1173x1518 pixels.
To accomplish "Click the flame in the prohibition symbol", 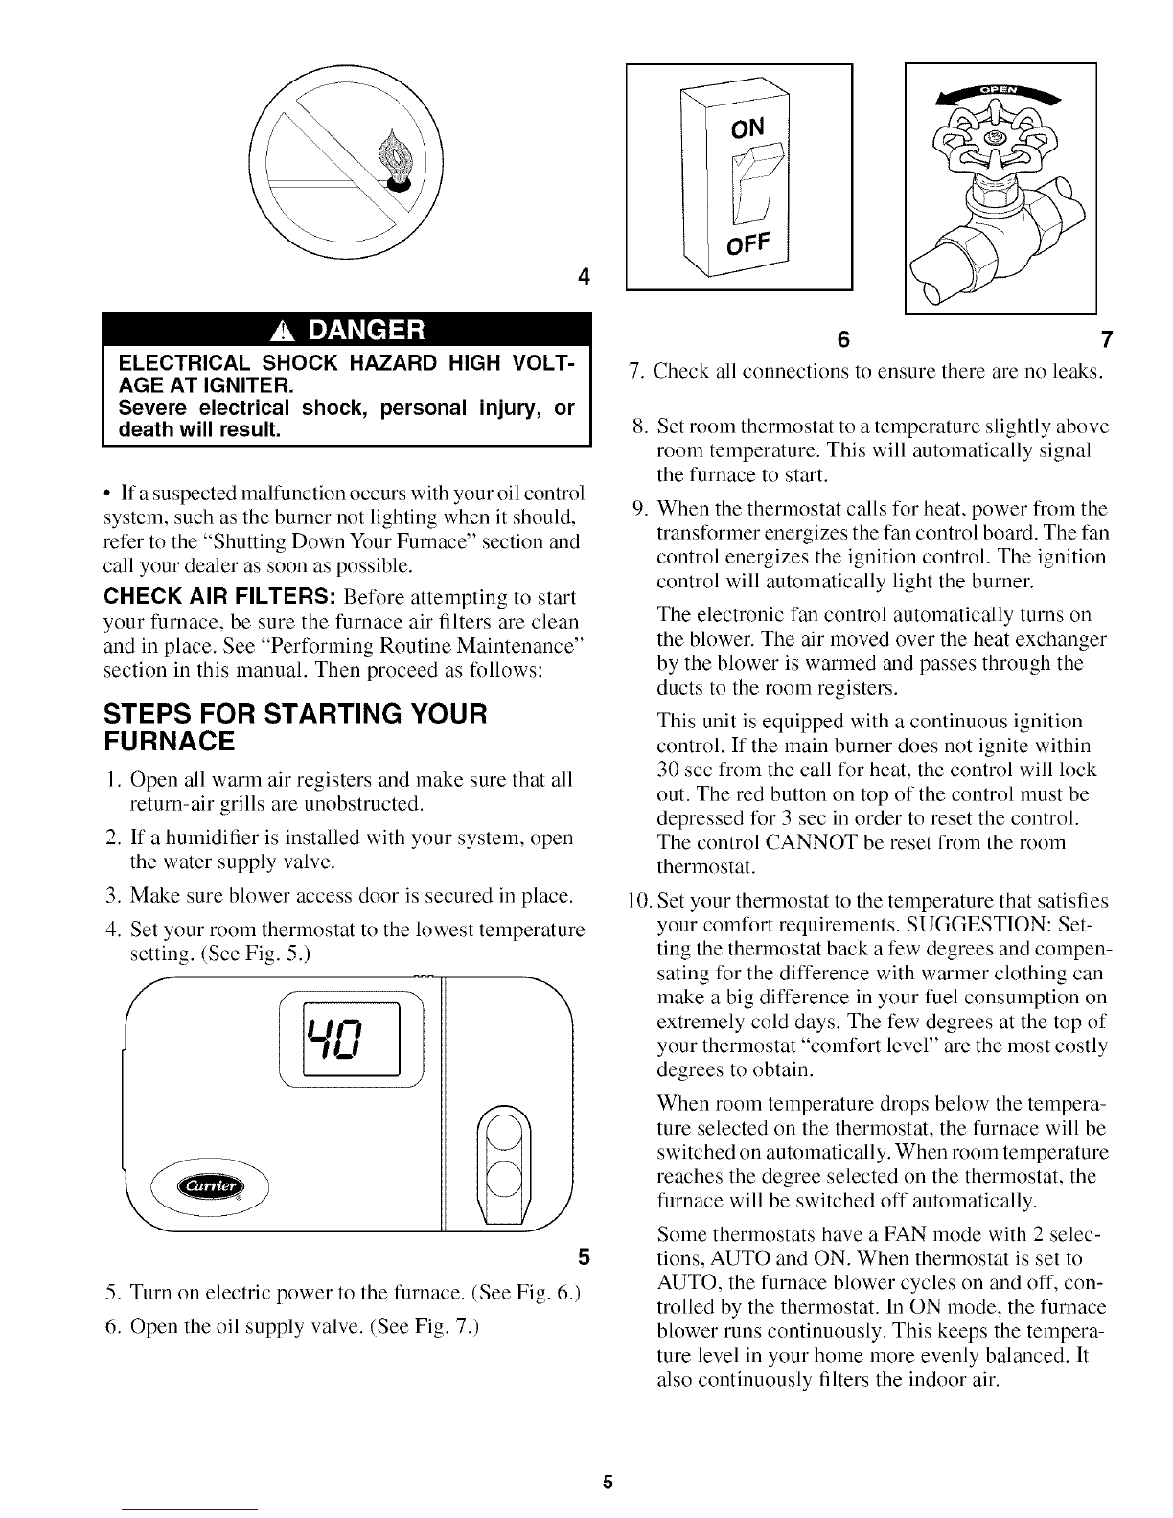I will pos(395,158).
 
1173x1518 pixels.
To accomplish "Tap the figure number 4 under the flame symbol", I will pos(582,278).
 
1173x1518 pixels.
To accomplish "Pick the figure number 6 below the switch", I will pos(842,339).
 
